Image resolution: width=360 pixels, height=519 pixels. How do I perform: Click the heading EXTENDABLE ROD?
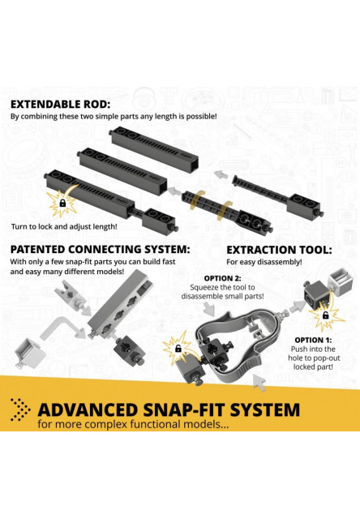click(61, 105)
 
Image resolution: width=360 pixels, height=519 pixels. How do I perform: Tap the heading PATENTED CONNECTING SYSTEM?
click(101, 249)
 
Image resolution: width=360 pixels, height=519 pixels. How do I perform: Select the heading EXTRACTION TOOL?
click(279, 250)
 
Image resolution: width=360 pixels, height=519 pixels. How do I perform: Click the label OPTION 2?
click(222, 278)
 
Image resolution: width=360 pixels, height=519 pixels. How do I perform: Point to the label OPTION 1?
click(313, 340)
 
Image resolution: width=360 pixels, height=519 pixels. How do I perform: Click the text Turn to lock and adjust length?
click(64, 227)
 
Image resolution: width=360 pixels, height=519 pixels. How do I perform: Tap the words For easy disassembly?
click(264, 262)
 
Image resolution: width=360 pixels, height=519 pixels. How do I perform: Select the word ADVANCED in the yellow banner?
click(88, 410)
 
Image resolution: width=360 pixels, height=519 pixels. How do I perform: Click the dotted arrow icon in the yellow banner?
click(20, 410)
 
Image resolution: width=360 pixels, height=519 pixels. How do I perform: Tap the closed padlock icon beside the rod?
click(62, 203)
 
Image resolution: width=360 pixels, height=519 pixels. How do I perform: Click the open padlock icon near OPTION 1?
click(326, 315)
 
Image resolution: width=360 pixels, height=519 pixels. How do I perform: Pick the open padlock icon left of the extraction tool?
click(178, 348)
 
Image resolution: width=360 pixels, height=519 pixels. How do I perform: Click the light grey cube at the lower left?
click(29, 354)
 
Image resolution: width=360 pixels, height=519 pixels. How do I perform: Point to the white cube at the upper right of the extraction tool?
click(340, 282)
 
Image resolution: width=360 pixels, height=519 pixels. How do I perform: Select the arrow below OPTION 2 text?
click(209, 310)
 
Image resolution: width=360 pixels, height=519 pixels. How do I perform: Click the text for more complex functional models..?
click(133, 424)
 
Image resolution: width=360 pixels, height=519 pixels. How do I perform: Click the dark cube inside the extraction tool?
click(214, 351)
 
